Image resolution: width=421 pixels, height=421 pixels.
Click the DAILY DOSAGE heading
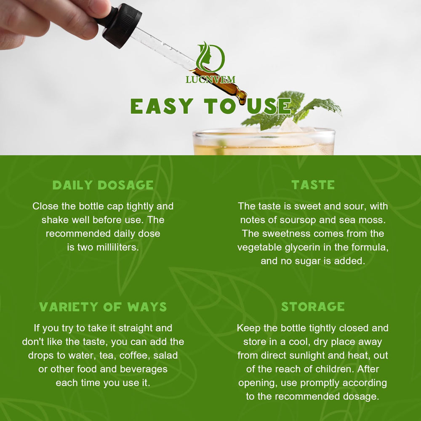click(103, 185)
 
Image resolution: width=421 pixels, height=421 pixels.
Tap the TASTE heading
click(313, 185)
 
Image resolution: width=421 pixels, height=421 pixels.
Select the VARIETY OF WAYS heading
click(103, 307)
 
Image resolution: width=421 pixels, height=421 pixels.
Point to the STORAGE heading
click(313, 307)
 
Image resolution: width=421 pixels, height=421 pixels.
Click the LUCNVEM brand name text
click(210, 80)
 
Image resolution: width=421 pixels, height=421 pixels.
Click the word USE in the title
click(269, 106)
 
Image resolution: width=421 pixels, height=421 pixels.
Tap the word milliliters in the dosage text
click(114, 247)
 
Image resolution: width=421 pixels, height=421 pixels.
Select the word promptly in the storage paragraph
click(318, 383)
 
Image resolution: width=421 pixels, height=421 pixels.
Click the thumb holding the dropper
click(95, 8)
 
